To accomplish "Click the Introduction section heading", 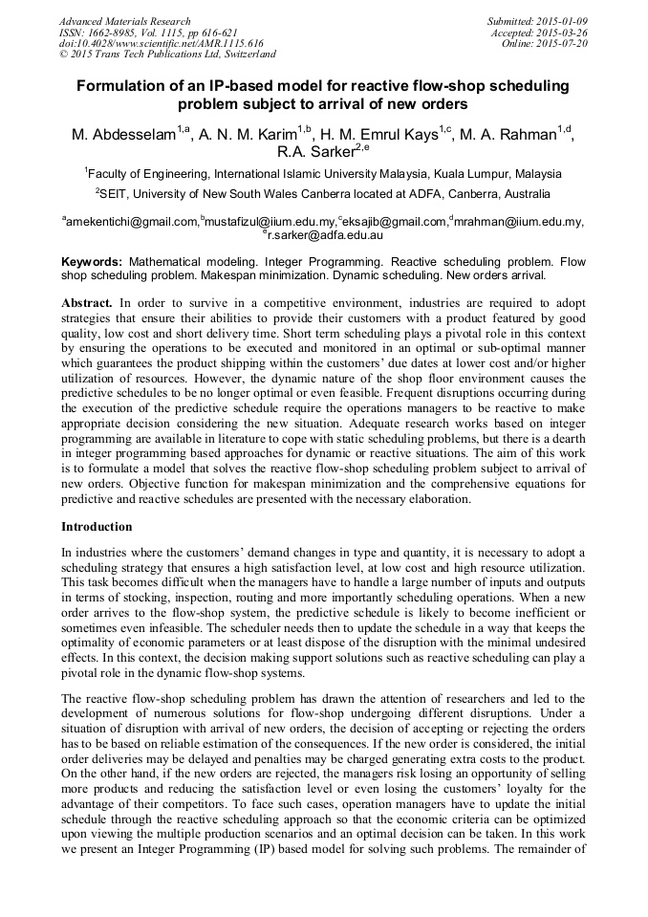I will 97,527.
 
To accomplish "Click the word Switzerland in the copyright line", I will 244,55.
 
